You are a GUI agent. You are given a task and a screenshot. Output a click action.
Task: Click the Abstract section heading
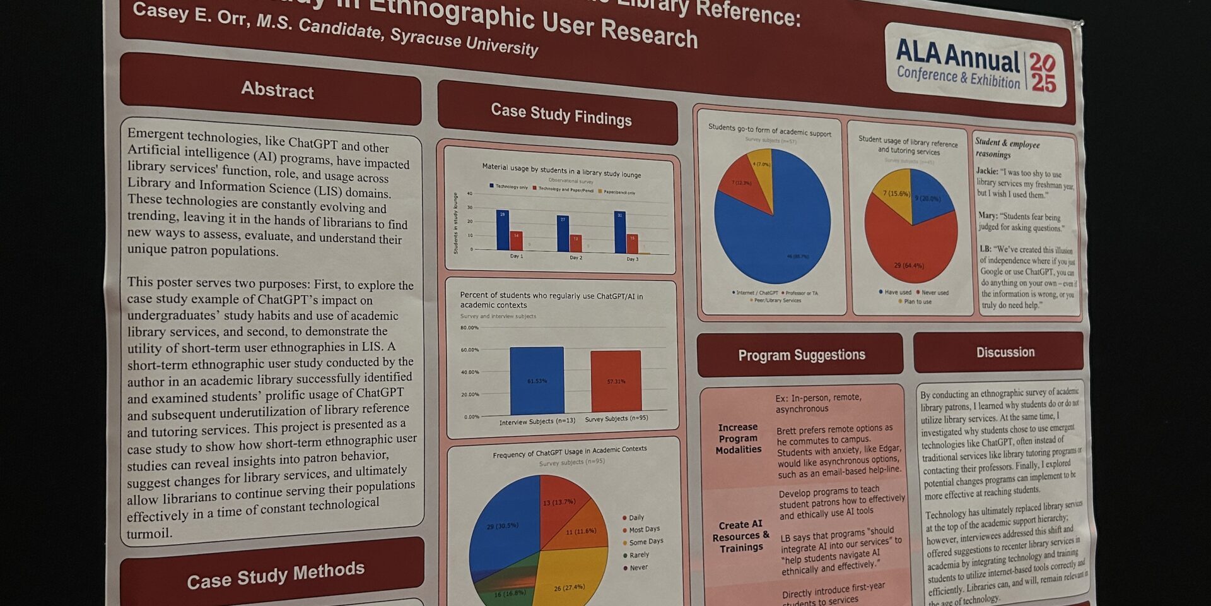click(x=277, y=90)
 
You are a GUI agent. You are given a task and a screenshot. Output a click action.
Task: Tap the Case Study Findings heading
click(x=561, y=114)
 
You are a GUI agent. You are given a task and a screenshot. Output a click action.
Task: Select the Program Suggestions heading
click(x=801, y=355)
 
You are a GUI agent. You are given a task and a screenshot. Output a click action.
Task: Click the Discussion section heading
click(x=1005, y=352)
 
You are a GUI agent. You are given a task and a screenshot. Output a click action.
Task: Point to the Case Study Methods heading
click(x=276, y=575)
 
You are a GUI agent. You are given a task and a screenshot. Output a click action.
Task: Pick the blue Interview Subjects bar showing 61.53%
click(x=537, y=381)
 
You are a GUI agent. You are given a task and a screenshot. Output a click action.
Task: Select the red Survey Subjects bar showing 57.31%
click(x=616, y=381)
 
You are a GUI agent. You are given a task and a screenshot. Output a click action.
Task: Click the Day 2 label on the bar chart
click(x=576, y=258)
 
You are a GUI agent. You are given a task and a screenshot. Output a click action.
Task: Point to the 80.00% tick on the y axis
click(x=469, y=328)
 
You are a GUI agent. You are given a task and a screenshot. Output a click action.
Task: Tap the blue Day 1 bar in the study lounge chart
click(x=502, y=230)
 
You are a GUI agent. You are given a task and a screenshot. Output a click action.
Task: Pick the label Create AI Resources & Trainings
click(x=741, y=537)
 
